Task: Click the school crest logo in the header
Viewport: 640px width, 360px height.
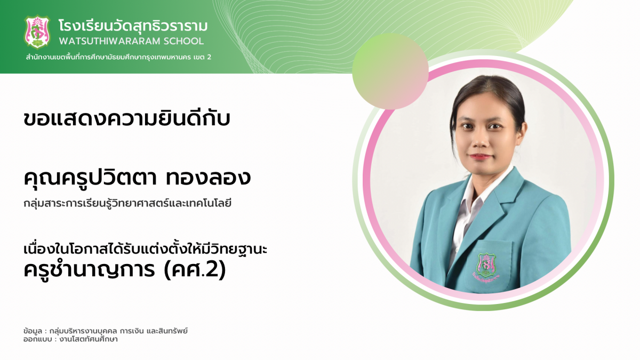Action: pos(37,31)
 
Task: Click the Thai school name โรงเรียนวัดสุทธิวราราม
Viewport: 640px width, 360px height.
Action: pos(133,26)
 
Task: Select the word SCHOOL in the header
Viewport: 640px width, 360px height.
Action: pos(183,41)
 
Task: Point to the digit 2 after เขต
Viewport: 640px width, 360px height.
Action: pos(209,57)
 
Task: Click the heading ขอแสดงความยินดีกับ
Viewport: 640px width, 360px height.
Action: pos(127,118)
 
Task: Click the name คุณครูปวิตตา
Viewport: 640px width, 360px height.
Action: pos(90,178)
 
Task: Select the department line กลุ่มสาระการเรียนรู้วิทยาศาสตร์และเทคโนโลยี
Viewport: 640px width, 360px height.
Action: pos(127,203)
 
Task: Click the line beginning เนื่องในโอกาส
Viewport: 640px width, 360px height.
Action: pos(146,249)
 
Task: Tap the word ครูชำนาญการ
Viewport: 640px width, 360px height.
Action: pos(89,269)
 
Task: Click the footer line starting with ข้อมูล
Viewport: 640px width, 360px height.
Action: pos(106,331)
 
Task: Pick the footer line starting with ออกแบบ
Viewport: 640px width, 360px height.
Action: pos(70,339)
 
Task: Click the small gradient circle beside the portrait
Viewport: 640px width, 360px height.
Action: pos(390,71)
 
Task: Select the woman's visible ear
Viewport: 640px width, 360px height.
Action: pos(522,134)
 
